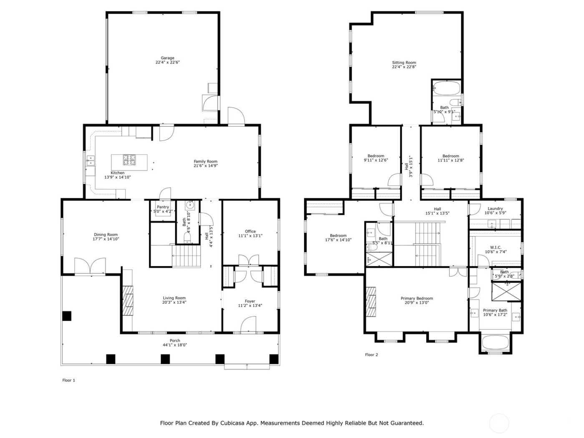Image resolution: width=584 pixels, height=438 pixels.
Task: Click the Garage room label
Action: point(168,58)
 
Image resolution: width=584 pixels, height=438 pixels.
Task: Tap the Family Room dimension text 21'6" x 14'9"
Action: point(205,166)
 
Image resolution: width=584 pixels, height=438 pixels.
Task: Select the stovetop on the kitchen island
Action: point(129,159)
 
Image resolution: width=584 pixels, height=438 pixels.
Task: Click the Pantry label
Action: point(163,207)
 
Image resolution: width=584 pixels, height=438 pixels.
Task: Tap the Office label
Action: point(250,231)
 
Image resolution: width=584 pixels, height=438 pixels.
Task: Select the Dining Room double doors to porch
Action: point(90,267)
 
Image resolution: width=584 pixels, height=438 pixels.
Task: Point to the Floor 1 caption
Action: point(69,380)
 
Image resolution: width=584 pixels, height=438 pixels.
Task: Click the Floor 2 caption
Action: point(371,355)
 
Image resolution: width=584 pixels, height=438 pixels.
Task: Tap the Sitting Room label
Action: point(404,63)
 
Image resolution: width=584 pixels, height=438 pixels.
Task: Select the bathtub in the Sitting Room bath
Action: point(447,88)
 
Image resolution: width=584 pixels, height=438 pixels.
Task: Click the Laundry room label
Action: point(495,209)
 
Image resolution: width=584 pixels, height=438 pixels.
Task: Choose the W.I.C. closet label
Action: point(496,247)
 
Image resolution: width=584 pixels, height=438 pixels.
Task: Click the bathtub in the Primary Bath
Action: point(495,344)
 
